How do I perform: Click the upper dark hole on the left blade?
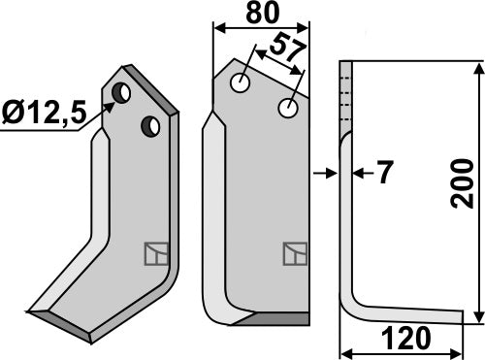[x=124, y=93]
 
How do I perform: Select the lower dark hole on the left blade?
[x=150, y=125]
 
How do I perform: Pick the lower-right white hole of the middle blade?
[x=287, y=110]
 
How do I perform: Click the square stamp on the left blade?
[x=155, y=253]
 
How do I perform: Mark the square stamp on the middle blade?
[x=295, y=254]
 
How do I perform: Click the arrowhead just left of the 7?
[x=332, y=175]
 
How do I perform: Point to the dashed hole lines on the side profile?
[x=343, y=97]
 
